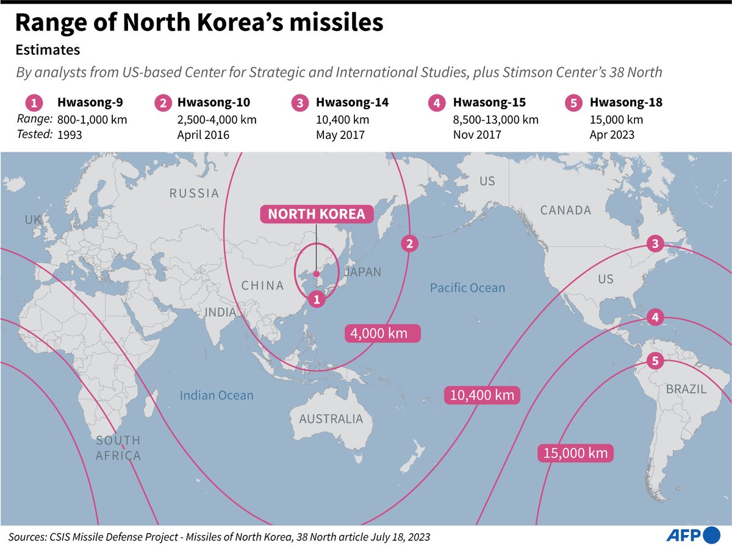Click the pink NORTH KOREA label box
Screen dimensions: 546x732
[317, 214]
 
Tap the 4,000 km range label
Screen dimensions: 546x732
[384, 333]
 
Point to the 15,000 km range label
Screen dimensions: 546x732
[575, 453]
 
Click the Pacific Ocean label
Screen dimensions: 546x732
[467, 288]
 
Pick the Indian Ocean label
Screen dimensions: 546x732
[217, 395]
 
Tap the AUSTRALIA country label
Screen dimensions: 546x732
[331, 419]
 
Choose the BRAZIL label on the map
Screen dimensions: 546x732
[686, 389]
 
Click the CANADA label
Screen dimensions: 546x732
[565, 210]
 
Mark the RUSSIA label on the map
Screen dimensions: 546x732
[194, 193]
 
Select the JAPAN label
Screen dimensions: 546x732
[362, 272]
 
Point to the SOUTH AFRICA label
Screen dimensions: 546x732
[118, 448]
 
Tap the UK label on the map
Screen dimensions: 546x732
[33, 219]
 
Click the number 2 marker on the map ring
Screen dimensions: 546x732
[410, 244]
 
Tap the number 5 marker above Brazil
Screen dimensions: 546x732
[655, 361]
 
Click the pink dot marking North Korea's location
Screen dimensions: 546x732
[317, 274]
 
